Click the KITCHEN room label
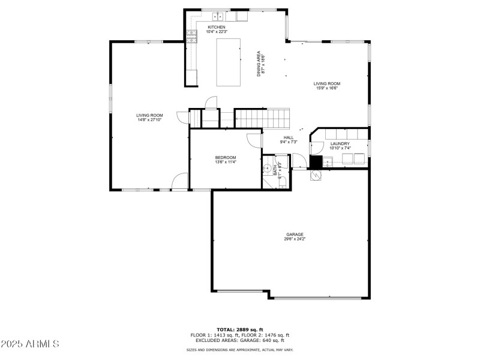pos(216,27)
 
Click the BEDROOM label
pos(226,157)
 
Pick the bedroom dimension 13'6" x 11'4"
pos(226,162)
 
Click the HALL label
pos(289,137)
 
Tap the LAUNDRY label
pos(340,143)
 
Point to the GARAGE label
pos(294,234)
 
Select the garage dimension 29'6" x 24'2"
pos(294,239)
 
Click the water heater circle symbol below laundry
pos(316,175)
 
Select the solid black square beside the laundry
pos(316,161)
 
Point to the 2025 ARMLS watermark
pos(30,344)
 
